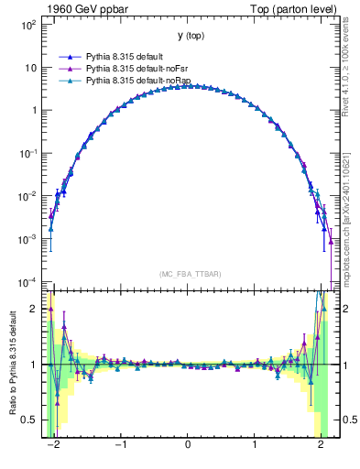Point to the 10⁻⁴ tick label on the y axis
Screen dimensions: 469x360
click(28, 281)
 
